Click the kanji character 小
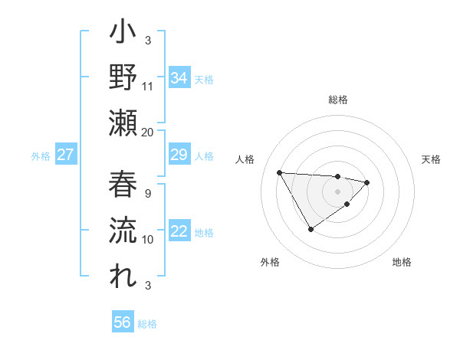[x=123, y=34]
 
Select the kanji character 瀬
[x=123, y=123]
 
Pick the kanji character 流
[x=123, y=229]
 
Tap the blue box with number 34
[x=179, y=78]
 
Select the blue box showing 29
[x=179, y=155]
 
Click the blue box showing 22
[x=179, y=232]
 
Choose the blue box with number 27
[x=65, y=155]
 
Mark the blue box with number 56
[x=123, y=322]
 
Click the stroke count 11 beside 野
[x=148, y=86]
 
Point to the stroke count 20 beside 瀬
[x=148, y=132]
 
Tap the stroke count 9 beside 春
[x=148, y=193]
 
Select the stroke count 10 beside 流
[x=148, y=239]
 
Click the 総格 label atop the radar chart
[x=338, y=100]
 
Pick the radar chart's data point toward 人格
[x=279, y=172]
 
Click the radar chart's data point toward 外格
[x=310, y=229]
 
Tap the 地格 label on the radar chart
[x=402, y=262]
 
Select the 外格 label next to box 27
[x=41, y=156]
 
